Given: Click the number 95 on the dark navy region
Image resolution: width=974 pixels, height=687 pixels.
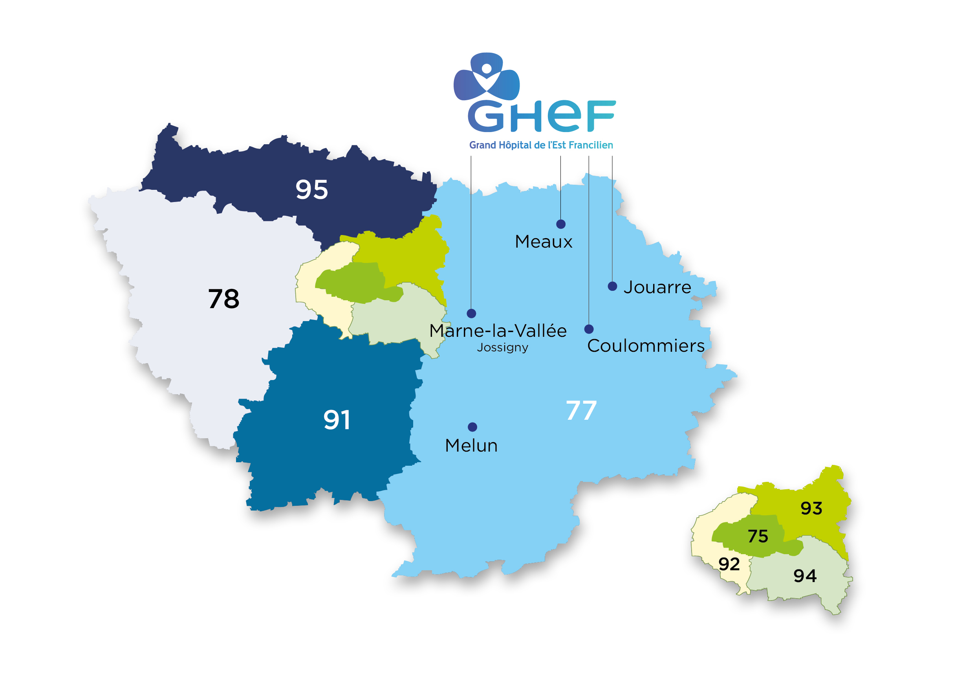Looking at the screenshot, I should point(312,189).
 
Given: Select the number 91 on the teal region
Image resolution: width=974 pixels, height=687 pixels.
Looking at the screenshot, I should point(337,420).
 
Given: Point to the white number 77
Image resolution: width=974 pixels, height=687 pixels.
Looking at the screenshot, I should point(581,411).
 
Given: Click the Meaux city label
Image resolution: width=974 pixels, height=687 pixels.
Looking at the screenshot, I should point(544,242).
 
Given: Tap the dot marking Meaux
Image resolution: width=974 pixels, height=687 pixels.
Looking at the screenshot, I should point(561,224).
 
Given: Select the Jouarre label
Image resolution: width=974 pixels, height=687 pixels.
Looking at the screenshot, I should point(657,287).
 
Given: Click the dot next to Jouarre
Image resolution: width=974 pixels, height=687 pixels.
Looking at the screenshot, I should point(612,286).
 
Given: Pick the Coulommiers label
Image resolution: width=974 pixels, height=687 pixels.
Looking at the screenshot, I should point(646,345).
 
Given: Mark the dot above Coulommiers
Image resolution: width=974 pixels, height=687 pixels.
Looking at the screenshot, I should point(589,329).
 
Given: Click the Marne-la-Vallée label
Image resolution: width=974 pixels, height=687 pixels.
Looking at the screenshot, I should point(498,331).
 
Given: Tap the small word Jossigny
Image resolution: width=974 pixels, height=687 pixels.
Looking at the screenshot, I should point(503,348).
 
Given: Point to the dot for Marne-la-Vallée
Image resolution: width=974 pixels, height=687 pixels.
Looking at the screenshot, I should point(471,313).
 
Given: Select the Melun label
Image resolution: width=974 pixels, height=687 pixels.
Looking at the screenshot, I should point(471,445).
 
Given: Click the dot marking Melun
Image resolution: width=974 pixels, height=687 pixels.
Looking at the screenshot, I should point(472,427).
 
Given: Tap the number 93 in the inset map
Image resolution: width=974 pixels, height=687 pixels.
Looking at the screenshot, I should point(811,508).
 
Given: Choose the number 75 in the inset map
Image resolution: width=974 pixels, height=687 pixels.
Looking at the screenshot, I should point(758,536).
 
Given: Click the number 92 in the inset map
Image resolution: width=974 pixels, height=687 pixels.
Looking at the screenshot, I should point(729,564).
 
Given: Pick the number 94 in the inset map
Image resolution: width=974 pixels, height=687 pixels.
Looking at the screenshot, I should point(805,576).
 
